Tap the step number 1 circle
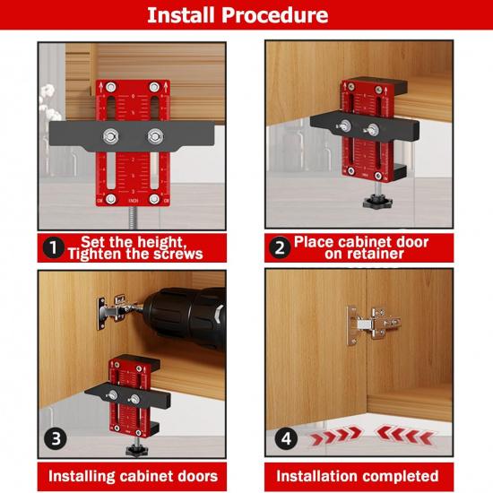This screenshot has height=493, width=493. [53, 247]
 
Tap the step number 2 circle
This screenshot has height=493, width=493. [281, 247]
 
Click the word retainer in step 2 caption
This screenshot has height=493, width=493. [370, 254]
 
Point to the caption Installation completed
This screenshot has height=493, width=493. [357, 475]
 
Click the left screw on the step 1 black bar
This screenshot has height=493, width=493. [109, 137]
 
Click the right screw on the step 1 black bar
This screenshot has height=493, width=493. [155, 137]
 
